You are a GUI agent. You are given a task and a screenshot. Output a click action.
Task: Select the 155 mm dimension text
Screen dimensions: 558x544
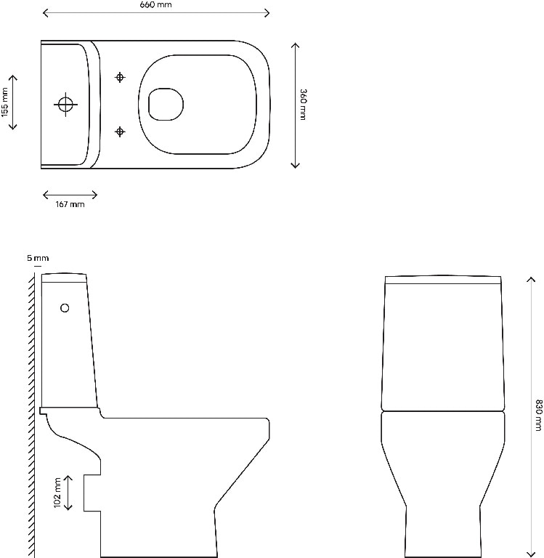point(5,102)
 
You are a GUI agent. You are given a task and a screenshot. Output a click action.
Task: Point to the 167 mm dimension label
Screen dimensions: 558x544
point(70,204)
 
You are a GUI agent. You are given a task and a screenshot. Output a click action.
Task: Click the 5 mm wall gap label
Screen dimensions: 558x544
point(37,258)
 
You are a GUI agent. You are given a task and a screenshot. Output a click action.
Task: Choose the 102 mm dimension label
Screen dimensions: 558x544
point(57,493)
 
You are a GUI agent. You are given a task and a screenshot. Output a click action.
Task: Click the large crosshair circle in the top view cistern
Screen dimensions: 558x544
point(65,105)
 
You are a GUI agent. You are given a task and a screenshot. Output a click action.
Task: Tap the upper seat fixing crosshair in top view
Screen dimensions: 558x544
point(121,77)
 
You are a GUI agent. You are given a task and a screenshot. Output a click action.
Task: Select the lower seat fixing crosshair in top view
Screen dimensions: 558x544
point(121,131)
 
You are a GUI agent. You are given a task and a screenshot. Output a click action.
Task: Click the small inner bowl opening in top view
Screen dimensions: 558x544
point(166,105)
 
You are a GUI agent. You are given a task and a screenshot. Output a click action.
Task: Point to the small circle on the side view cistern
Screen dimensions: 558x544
point(65,308)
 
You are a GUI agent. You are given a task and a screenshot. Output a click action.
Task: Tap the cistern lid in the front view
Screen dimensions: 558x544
point(444,280)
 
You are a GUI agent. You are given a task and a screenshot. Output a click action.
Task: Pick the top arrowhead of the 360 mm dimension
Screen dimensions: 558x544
point(295,44)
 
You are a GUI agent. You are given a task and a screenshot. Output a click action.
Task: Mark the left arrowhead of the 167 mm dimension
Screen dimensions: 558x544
point(44,194)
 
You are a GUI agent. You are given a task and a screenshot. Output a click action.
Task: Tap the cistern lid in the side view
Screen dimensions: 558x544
point(65,277)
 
